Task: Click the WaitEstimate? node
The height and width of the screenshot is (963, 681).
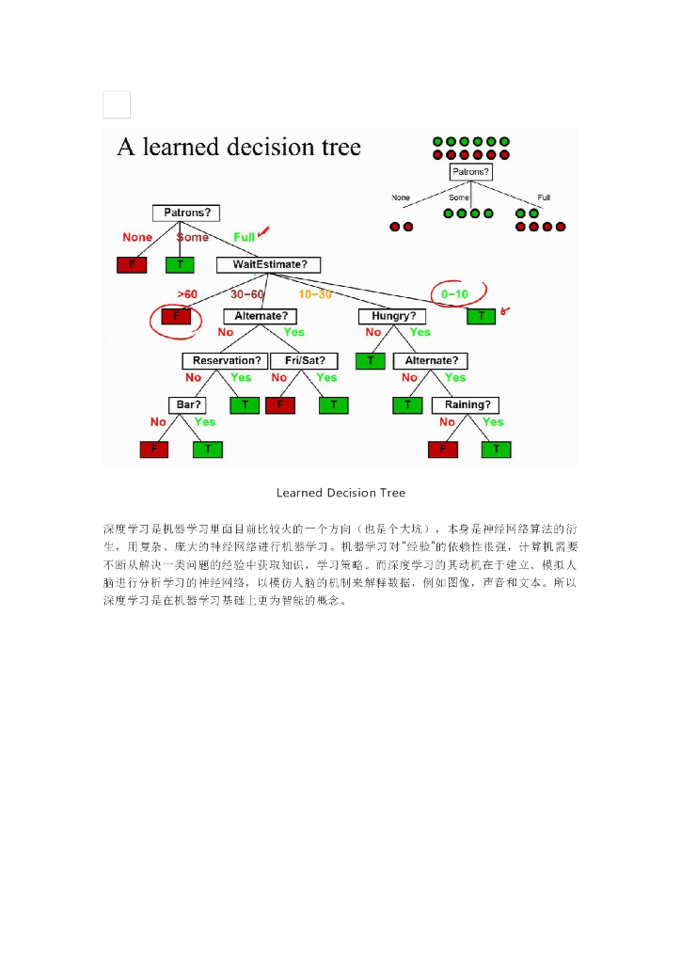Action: coord(269,265)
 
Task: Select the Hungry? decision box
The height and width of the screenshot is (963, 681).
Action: coord(392,316)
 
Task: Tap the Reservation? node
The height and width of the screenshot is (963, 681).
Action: coord(226,361)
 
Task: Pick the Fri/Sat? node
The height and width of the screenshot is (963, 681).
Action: coord(304,361)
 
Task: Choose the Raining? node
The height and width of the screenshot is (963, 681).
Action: coord(466,405)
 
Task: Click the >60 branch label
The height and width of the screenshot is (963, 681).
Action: coord(187,294)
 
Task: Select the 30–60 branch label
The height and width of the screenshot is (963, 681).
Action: coord(247,294)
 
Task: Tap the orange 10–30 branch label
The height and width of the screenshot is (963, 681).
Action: coord(315,294)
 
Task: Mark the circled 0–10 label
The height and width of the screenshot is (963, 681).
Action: coord(454,294)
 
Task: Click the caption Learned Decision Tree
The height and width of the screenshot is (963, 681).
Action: coord(340,493)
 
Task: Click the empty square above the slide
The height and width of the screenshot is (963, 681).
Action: coord(117,104)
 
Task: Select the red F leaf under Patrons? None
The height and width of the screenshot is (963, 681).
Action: coord(132,265)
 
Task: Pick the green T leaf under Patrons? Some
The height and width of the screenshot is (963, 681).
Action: coord(180,265)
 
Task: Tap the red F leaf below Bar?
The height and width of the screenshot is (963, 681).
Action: coord(153,450)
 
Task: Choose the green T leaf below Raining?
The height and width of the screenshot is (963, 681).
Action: coord(496,450)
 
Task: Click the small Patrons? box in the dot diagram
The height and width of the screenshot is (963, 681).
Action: coord(471,172)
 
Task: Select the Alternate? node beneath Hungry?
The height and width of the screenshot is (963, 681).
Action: coord(431,361)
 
